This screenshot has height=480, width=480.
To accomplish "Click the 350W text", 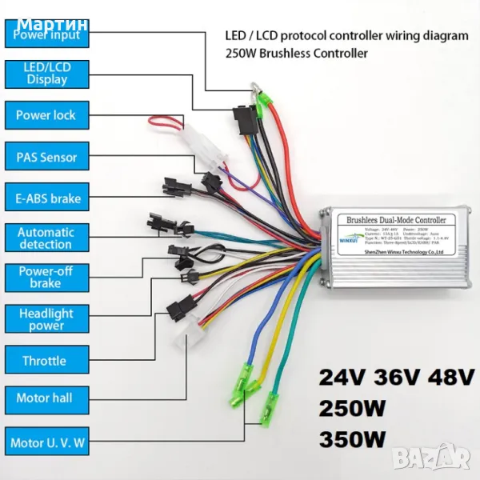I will pos(352,439).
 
